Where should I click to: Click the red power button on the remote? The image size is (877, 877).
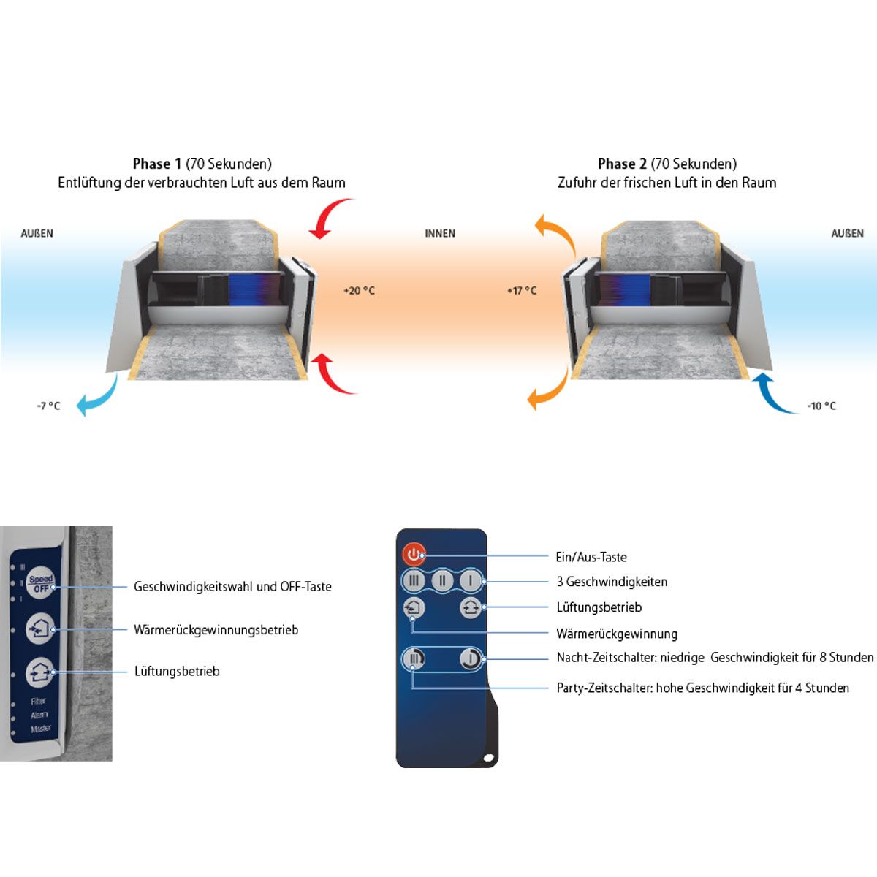click(x=414, y=555)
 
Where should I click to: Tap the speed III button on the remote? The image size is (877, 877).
click(x=414, y=582)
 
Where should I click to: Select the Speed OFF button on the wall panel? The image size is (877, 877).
click(x=41, y=584)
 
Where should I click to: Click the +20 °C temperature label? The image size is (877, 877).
click(x=359, y=291)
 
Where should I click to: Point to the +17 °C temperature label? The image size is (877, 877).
click(x=522, y=291)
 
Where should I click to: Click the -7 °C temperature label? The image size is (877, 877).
click(x=49, y=406)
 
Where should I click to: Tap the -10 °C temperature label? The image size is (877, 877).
click(x=821, y=406)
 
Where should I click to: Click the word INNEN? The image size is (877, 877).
click(x=440, y=234)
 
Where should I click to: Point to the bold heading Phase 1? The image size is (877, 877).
click(x=156, y=164)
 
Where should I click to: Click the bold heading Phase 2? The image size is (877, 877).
click(x=622, y=164)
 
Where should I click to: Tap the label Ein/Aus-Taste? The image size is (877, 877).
click(x=591, y=558)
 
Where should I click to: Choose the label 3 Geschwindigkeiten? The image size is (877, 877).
click(x=612, y=582)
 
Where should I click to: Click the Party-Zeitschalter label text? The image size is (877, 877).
click(x=702, y=688)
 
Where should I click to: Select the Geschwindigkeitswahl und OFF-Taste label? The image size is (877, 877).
click(x=232, y=587)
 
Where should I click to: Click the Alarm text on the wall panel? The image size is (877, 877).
click(x=39, y=715)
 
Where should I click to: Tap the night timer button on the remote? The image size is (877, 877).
click(x=470, y=659)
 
